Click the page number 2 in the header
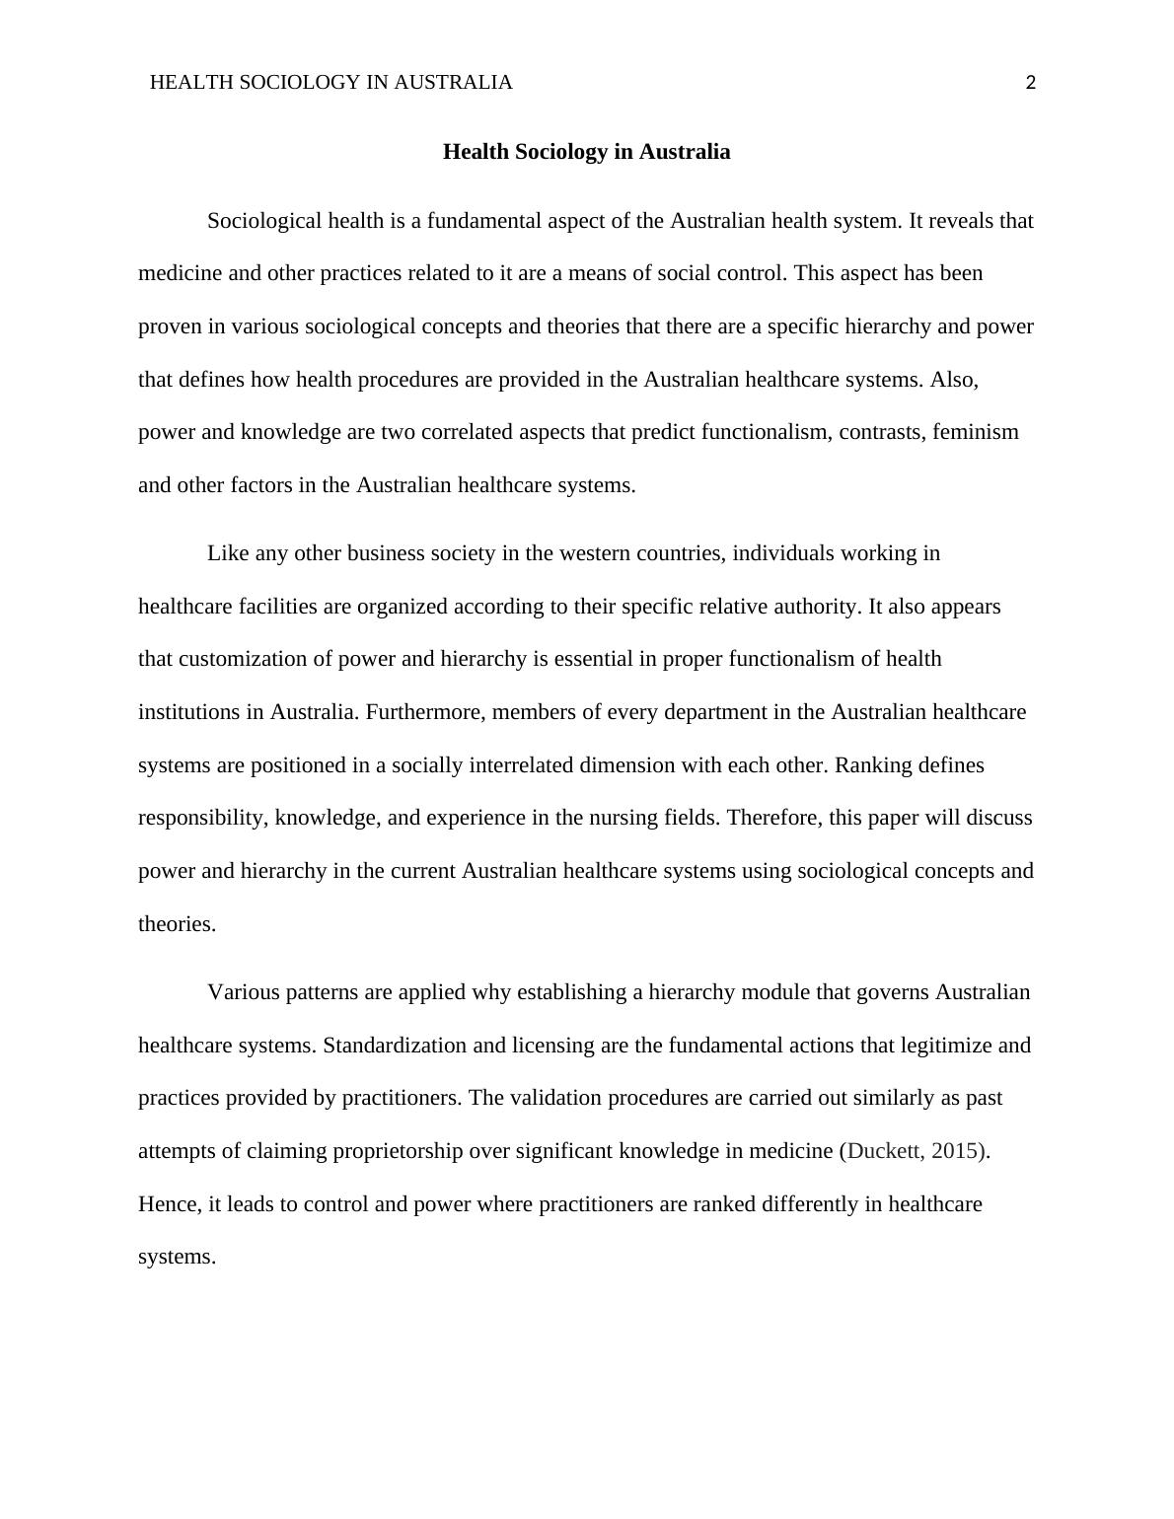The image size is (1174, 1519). click(x=1031, y=83)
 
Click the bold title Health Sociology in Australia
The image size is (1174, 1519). click(x=586, y=152)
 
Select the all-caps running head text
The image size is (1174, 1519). click(x=330, y=83)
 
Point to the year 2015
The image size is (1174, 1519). click(x=955, y=1151)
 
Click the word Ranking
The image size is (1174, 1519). click(x=870, y=765)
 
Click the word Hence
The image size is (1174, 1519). click(x=169, y=1204)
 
